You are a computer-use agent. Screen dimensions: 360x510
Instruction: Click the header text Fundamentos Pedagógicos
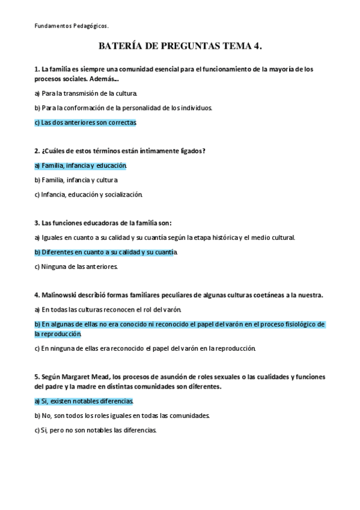[71, 26]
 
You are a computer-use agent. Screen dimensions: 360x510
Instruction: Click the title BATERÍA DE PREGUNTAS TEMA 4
[180, 46]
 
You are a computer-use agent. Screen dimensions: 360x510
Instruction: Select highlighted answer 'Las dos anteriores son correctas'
[85, 123]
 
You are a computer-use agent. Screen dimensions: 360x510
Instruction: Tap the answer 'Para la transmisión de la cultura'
[86, 94]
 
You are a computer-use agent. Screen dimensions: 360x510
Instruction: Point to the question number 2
[37, 151]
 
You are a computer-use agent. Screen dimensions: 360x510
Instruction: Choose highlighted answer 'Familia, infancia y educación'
[81, 165]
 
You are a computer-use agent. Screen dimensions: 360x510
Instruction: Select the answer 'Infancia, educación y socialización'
[88, 194]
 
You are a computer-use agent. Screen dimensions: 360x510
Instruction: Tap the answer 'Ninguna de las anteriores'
[76, 266]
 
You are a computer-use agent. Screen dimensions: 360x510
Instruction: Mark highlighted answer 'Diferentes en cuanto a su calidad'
[106, 252]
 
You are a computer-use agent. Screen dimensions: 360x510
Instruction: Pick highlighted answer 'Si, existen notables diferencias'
[84, 401]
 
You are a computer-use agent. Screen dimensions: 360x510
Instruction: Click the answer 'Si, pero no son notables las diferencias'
[96, 430]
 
